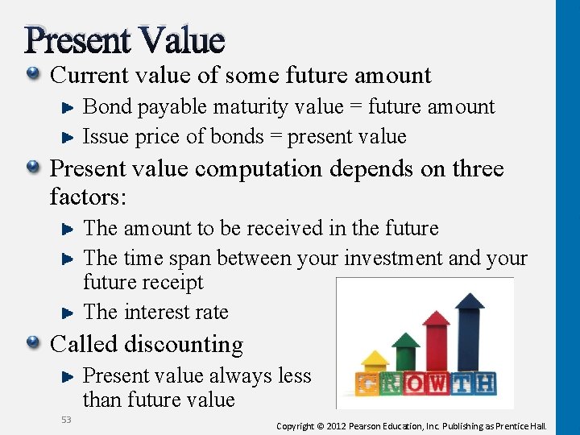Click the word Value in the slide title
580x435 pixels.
[182, 39]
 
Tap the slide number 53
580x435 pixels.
[66, 419]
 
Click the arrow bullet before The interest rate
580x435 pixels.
[68, 313]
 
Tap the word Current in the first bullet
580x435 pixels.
[89, 76]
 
